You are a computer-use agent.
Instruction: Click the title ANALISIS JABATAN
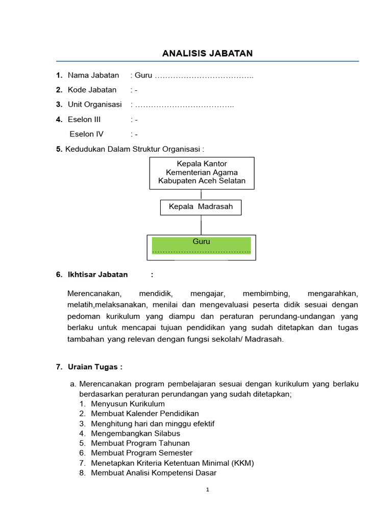[207, 53]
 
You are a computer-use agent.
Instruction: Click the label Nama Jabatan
[93, 76]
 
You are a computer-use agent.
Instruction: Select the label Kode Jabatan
[92, 90]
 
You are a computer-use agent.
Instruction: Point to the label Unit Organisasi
[94, 105]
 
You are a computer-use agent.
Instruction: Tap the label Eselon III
[84, 120]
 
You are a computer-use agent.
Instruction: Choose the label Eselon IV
[86, 134]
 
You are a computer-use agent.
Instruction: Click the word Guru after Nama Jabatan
[143, 76]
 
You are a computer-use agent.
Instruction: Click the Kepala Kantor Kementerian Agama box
[202, 173]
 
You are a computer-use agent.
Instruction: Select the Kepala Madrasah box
[201, 207]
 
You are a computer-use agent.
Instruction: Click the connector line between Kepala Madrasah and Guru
[201, 225]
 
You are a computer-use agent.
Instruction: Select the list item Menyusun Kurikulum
[128, 403]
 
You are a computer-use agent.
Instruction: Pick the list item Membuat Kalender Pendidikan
[145, 413]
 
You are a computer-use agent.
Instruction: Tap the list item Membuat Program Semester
[141, 453]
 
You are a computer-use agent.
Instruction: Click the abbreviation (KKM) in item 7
[242, 463]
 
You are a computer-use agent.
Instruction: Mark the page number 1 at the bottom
[207, 489]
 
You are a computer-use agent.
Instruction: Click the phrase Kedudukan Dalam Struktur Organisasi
[134, 149]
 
